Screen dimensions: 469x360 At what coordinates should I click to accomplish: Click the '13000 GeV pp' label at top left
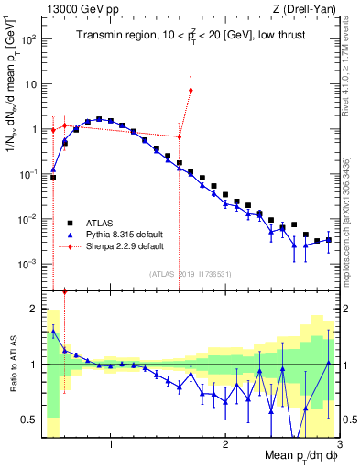coord(76,9)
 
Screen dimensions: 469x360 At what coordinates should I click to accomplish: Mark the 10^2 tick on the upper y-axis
coord(28,40)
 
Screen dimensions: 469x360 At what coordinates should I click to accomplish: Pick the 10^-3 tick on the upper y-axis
coord(28,264)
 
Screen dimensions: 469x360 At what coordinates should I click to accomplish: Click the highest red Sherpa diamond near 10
coord(191,90)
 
